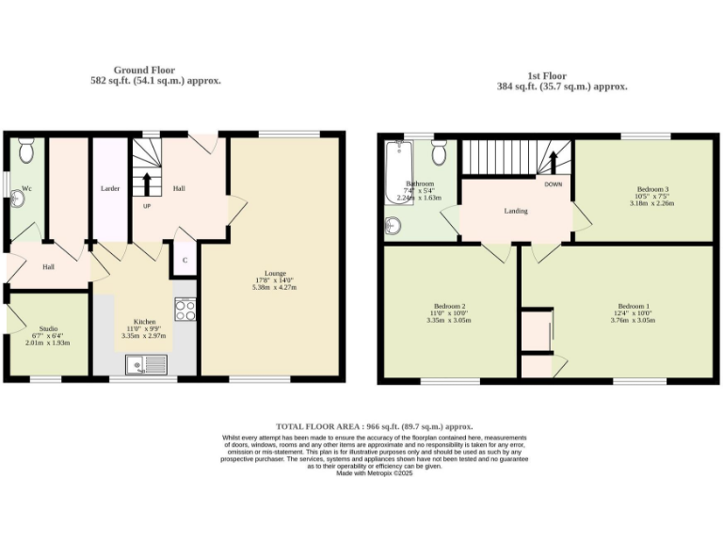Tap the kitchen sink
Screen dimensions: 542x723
pos(149,362)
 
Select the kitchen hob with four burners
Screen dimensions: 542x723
pos(185,310)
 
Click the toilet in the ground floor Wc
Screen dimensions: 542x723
pos(26,150)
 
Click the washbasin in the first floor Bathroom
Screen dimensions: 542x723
pos(394,226)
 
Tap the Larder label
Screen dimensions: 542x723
pos(110,189)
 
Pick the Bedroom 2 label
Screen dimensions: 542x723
pos(450,307)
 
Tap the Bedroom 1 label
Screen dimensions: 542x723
pos(634,307)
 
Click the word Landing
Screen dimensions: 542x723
pos(516,211)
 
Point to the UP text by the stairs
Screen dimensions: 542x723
pos(146,206)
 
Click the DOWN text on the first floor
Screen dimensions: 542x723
pos(553,184)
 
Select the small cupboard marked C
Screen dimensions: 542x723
pos(185,260)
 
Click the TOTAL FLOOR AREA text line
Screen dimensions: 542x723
pos(374,427)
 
